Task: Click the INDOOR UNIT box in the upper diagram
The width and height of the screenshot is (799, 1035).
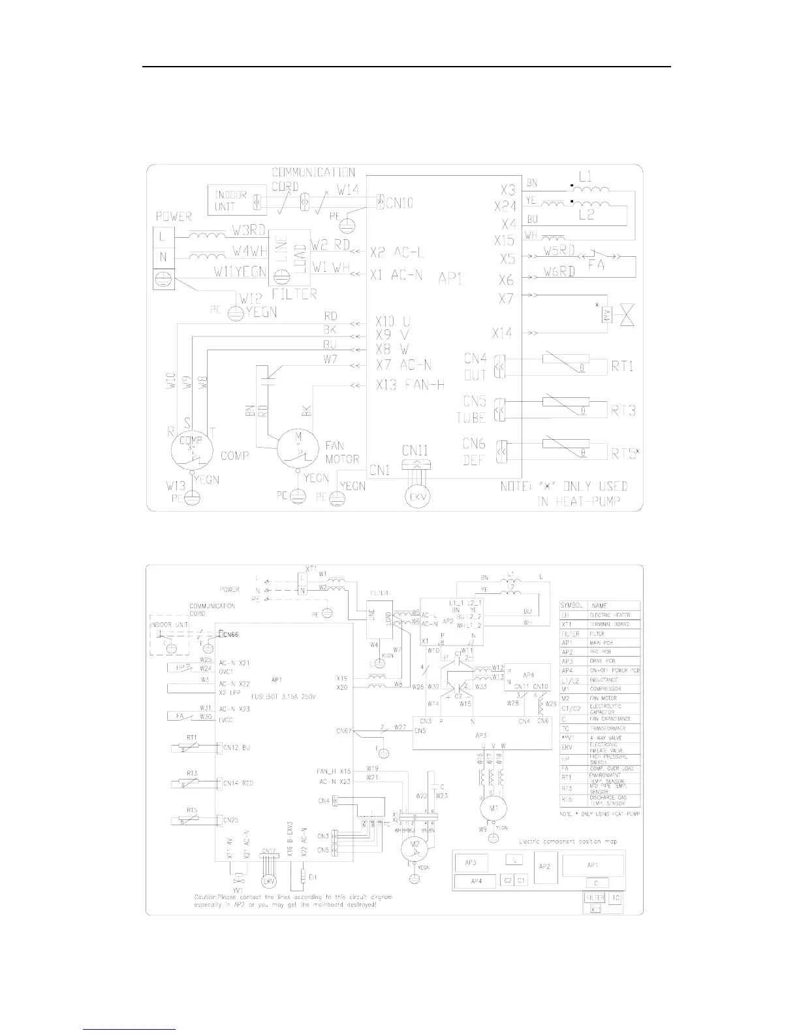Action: pyautogui.click(x=232, y=199)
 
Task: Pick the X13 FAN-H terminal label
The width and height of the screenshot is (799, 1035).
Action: pyautogui.click(x=410, y=385)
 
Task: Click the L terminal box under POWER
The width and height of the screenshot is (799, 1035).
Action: pyautogui.click(x=163, y=237)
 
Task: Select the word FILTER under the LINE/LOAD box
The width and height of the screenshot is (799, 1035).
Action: pyautogui.click(x=297, y=293)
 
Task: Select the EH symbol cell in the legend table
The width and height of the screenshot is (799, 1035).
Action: pyautogui.click(x=572, y=615)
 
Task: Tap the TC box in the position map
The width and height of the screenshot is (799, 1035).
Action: pyautogui.click(x=616, y=898)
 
